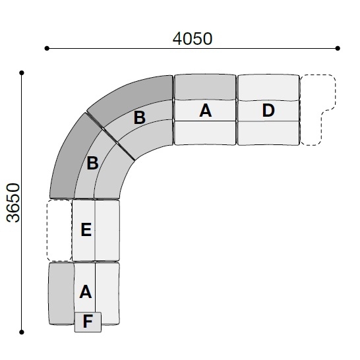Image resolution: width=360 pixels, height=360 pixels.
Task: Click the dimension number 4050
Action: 193,38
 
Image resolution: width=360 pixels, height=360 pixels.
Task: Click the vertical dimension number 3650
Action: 13,202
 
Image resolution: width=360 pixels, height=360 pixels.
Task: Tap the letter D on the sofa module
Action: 268,111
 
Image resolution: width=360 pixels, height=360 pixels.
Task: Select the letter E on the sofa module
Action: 86,229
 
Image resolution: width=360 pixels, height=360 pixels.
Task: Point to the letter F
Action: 88,322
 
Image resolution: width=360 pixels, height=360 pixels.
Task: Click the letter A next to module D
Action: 205,110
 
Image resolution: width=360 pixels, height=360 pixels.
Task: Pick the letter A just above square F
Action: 86,291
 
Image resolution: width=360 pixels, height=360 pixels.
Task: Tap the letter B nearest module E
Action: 92,163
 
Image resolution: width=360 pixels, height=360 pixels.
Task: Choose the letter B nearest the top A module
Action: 139,117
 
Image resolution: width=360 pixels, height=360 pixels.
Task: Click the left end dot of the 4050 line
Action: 47,48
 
